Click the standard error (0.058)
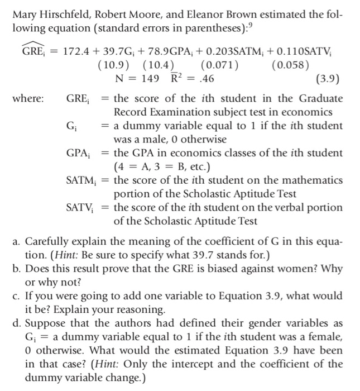click(x=291, y=65)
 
